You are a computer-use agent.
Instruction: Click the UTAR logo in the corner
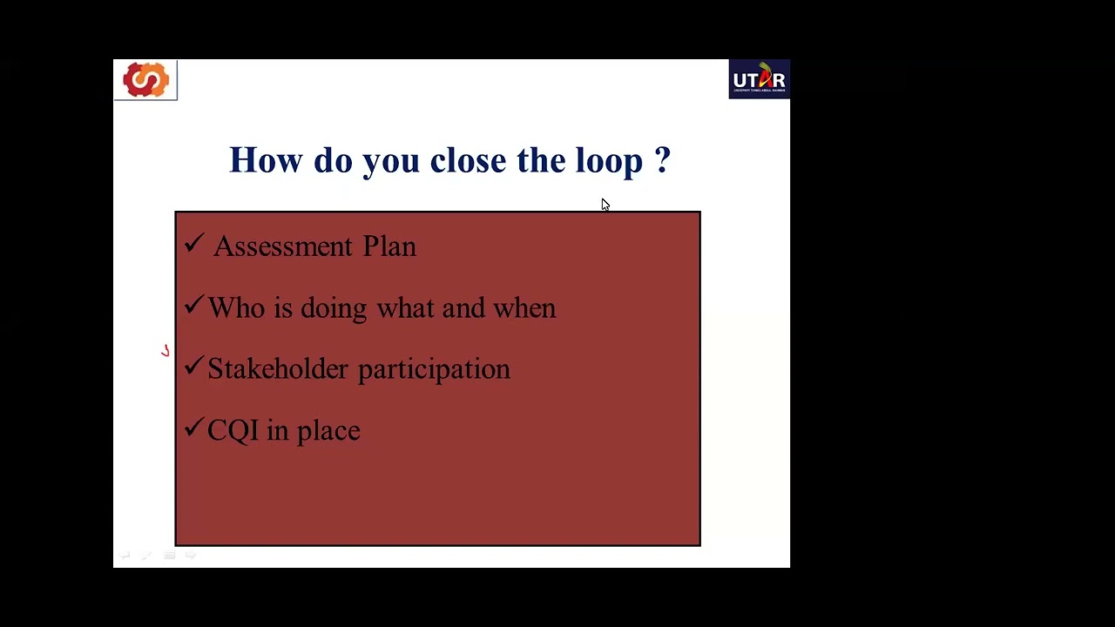point(759,79)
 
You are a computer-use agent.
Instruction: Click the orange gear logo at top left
point(145,80)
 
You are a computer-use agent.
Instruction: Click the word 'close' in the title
point(468,160)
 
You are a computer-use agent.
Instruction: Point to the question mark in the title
point(663,160)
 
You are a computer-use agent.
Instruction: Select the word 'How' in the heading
point(266,160)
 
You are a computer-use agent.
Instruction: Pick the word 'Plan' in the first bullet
point(389,246)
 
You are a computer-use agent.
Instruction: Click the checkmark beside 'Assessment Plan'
point(193,244)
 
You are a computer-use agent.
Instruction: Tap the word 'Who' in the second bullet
point(236,308)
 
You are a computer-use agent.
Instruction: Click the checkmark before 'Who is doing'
point(193,305)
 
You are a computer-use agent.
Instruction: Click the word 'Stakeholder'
point(277,369)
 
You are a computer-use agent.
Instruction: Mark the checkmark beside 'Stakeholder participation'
point(193,367)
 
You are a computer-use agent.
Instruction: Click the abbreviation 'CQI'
point(233,431)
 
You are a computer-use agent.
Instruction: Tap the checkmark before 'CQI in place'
point(193,428)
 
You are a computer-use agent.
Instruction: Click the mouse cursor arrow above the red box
point(605,205)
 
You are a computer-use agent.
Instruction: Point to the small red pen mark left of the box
point(165,351)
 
